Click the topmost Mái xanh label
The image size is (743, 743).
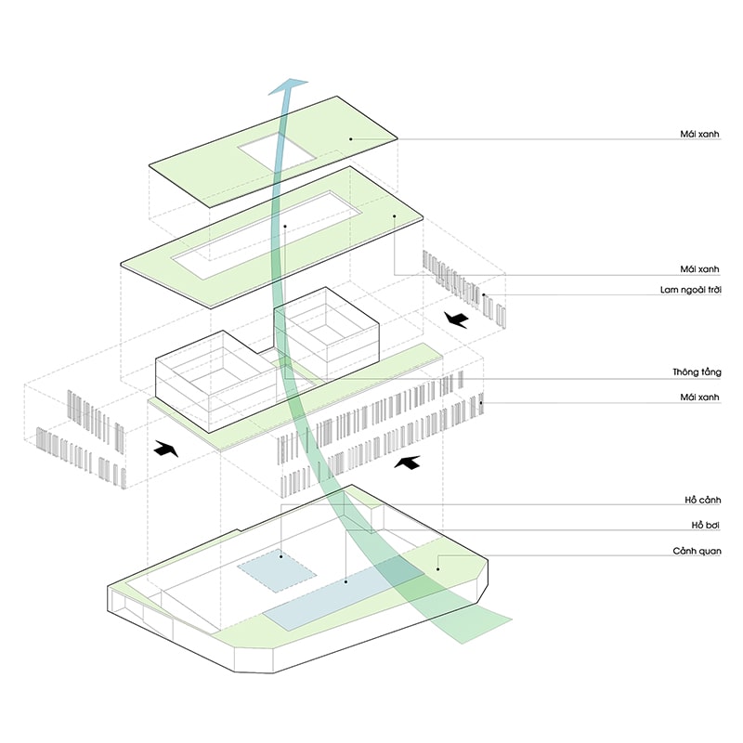click(702, 133)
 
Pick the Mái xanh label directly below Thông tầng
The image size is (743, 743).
click(702, 398)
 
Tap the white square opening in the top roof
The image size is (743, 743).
click(276, 151)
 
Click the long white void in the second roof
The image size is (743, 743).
click(269, 232)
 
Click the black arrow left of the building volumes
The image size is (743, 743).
click(165, 449)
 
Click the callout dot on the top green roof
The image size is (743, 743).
click(350, 139)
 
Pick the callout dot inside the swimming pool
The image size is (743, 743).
click(345, 582)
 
